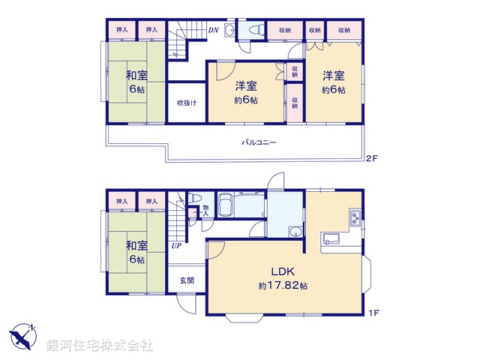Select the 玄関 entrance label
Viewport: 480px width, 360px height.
coord(187,280)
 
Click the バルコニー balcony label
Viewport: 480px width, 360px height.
coord(258,142)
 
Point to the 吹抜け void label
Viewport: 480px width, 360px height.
coord(187,103)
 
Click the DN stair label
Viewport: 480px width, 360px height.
coord(213,31)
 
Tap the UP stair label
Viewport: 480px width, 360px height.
coord(176,245)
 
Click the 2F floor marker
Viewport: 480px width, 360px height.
coord(370,159)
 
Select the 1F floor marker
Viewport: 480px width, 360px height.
coord(370,311)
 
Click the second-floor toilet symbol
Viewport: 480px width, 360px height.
coord(251,31)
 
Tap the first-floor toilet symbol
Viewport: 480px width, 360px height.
coord(196,199)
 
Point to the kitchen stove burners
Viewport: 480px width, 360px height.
coord(353,219)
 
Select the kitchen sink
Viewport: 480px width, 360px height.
coord(331,240)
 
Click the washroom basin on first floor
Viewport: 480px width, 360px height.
coord(297,230)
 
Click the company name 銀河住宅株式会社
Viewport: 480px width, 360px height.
coord(100,345)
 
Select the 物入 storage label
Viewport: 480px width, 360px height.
coord(205,211)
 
